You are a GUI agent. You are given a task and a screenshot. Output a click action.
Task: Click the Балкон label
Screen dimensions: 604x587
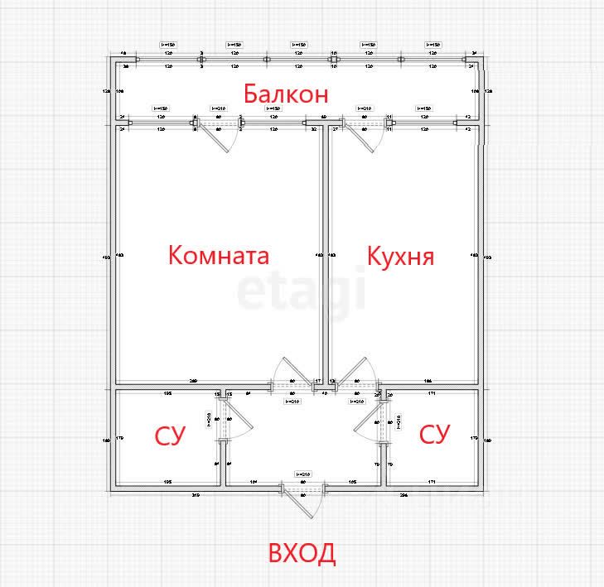pos(285,94)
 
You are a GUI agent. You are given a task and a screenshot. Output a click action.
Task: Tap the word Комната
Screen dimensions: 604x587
pos(219,254)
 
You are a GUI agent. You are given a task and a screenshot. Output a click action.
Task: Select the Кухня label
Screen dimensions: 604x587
pos(401,255)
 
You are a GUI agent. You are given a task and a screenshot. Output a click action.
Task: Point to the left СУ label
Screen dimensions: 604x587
pos(171,435)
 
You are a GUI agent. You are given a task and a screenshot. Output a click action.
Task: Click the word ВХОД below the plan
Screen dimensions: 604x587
pos(302,553)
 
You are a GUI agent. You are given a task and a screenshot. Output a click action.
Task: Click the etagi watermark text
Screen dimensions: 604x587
pos(302,291)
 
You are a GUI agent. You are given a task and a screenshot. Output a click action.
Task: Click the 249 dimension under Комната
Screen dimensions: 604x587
pos(193,381)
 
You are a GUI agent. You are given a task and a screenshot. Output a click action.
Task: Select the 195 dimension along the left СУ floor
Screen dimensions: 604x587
pos(167,481)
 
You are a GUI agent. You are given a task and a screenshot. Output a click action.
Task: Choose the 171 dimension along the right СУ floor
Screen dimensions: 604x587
pos(432,481)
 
